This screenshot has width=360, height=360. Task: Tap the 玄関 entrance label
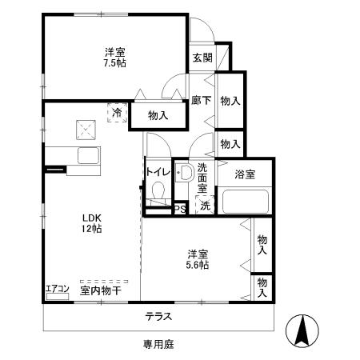point(202,58)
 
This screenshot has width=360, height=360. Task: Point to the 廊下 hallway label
point(201,101)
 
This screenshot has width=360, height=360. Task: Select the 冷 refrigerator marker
point(118,112)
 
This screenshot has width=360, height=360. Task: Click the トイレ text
point(157,172)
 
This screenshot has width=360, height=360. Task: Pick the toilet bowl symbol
point(158,192)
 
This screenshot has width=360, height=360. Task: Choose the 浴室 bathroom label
point(245,174)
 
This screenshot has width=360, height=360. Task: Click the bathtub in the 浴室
point(244,200)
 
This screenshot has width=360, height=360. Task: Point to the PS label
point(181,210)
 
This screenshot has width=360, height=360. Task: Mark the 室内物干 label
point(99,290)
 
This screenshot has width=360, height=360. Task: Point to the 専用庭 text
point(158,344)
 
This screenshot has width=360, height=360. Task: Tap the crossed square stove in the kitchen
point(84,127)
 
